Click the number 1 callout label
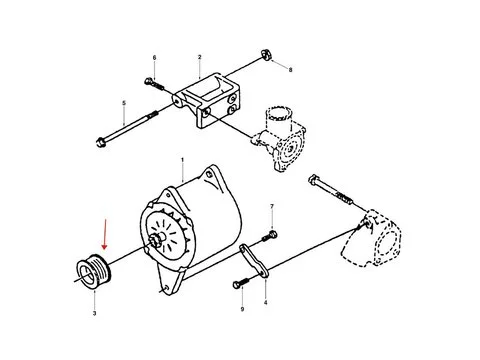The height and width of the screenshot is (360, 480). (182, 160)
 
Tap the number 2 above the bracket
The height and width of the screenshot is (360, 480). (200, 58)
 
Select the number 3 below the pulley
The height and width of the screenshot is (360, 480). (94, 315)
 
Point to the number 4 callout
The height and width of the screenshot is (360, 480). (265, 301)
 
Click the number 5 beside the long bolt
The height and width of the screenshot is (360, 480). (124, 103)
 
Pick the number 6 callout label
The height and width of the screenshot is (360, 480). (155, 59)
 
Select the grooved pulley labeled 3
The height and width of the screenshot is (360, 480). (94, 273)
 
